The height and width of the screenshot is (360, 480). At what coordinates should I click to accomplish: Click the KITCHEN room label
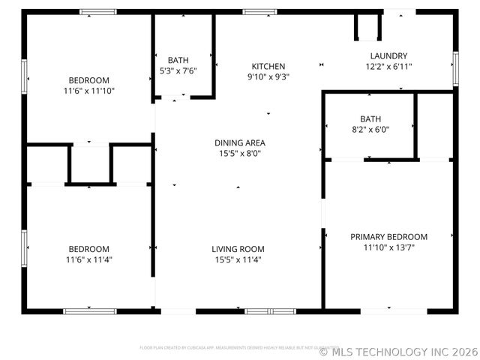tap(268, 66)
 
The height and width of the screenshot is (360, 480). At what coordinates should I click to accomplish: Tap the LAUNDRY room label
tap(388, 55)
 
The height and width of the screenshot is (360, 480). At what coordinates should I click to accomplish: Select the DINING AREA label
tap(239, 142)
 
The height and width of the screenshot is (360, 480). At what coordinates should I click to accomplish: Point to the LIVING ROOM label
tap(238, 249)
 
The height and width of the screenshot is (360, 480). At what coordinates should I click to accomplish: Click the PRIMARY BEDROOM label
tap(388, 236)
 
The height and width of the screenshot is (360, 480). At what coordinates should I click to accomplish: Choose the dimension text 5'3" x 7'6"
tap(178, 70)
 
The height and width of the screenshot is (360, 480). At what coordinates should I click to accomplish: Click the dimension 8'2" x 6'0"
tap(370, 129)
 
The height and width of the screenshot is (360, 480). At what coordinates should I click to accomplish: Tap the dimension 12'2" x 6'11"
tap(388, 66)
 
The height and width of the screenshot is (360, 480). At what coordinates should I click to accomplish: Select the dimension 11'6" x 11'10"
tap(89, 91)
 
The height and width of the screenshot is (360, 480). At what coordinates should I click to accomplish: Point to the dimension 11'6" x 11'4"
tap(89, 259)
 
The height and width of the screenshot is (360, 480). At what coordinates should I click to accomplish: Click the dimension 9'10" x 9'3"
tap(268, 76)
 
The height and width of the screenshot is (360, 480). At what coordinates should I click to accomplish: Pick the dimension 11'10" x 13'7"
tap(388, 247)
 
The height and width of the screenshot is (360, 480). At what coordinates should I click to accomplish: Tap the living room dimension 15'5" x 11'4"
tap(238, 259)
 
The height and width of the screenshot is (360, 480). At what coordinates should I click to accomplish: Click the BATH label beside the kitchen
tap(178, 60)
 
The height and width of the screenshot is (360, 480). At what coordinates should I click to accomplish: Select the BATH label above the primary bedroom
tap(370, 118)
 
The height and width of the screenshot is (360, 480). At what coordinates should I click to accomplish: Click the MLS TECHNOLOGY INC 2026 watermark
tap(398, 350)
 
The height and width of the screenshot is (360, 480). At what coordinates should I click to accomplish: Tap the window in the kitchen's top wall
tap(259, 12)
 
